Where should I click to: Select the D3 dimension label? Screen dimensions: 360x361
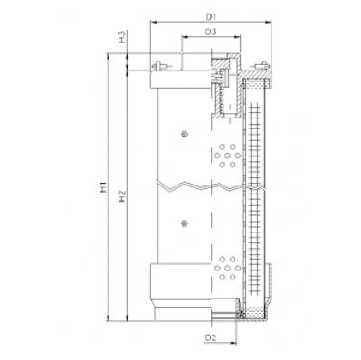coord(209,33)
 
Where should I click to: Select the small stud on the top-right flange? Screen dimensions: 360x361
coord(264,65)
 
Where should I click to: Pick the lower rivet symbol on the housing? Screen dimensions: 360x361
coord(184,222)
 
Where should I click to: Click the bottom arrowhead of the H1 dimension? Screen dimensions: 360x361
coord(109,319)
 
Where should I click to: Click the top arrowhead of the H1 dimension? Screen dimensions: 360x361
coord(109,55)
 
